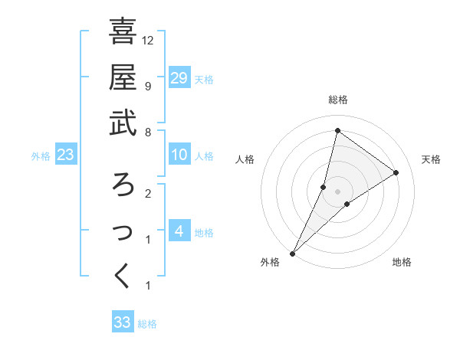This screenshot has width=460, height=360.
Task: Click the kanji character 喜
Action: click(123, 32)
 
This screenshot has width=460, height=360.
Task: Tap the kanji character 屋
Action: click(123, 78)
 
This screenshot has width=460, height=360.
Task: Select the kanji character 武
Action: click(123, 124)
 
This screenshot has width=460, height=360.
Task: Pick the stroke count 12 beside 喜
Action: click(149, 40)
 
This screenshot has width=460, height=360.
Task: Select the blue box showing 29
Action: click(179, 77)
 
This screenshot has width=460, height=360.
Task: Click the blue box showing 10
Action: click(179, 155)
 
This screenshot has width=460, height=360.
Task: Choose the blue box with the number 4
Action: click(179, 231)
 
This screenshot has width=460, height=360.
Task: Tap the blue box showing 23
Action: click(66, 155)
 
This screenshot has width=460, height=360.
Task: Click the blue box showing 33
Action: click(123, 322)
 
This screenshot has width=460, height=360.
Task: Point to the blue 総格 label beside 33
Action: click(148, 324)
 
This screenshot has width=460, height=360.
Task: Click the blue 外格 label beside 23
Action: click(41, 156)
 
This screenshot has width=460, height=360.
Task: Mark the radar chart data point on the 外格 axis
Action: click(292, 253)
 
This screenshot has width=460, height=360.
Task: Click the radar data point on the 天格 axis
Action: click(396, 173)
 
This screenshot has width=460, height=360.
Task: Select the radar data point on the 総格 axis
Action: click(337, 130)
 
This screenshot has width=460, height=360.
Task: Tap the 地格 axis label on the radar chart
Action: click(402, 263)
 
